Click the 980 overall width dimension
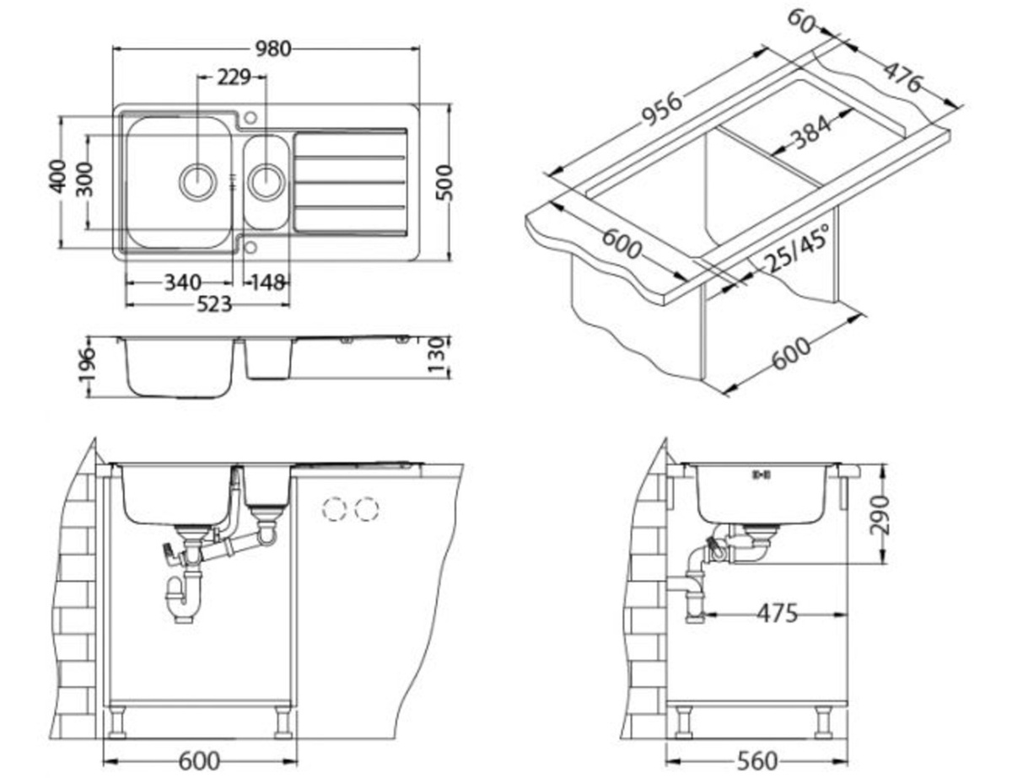point(273,49)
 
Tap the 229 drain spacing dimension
point(234,78)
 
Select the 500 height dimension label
point(444,182)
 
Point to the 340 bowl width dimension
point(182,282)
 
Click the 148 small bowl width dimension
point(268,282)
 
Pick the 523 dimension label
point(213,305)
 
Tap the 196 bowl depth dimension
point(87,365)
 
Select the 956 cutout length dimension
point(662,110)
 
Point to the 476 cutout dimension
point(902,78)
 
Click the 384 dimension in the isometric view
point(811,133)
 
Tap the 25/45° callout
point(796,248)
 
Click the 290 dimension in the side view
point(880,516)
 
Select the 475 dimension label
point(777,614)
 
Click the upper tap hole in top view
point(250,117)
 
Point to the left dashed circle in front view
point(336,509)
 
